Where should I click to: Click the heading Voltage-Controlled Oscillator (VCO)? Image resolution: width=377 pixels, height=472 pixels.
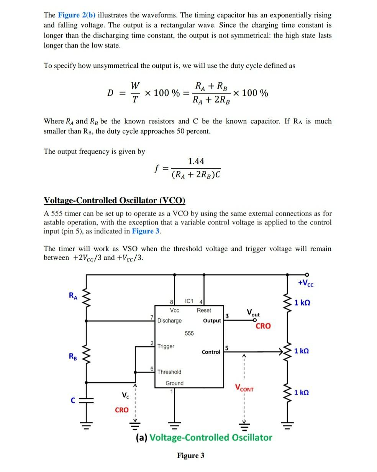(115, 200)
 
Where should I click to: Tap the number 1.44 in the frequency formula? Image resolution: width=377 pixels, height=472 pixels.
(196, 161)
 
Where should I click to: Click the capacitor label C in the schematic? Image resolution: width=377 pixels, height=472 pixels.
(71, 400)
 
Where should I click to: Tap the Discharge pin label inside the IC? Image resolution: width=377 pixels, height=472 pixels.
(169, 320)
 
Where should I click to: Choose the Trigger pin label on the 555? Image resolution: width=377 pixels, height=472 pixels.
(166, 346)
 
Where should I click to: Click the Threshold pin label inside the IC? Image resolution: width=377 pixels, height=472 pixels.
(169, 372)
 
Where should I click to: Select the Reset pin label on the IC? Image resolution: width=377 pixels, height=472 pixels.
(204, 310)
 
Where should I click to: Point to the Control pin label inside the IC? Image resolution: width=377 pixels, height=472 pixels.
(211, 352)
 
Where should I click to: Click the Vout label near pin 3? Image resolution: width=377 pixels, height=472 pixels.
(253, 313)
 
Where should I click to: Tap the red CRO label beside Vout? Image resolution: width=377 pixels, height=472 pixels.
(263, 326)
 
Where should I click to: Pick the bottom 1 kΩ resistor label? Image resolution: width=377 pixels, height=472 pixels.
(302, 393)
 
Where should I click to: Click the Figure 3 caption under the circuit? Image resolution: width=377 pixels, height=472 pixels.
(190, 455)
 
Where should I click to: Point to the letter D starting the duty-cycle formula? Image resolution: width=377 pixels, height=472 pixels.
(110, 93)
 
